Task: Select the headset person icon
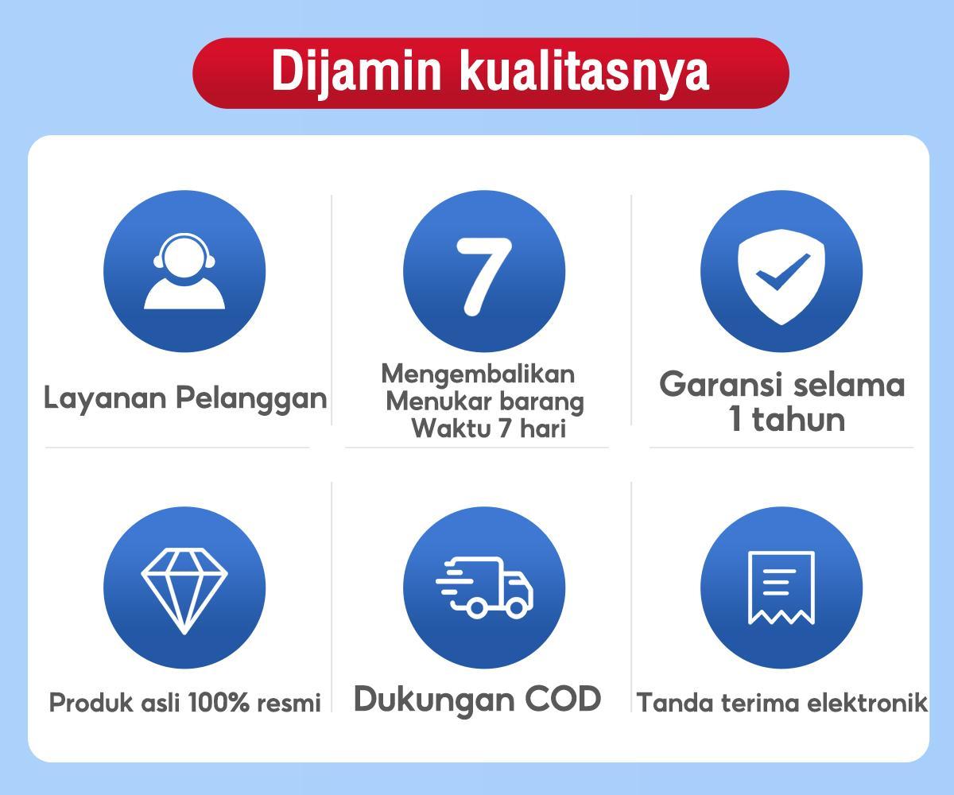[184, 272]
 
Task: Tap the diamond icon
[184, 589]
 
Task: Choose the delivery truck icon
[484, 588]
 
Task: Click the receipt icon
[781, 588]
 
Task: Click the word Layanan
[105, 397]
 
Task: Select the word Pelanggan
[250, 397]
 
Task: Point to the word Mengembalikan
[477, 373]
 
